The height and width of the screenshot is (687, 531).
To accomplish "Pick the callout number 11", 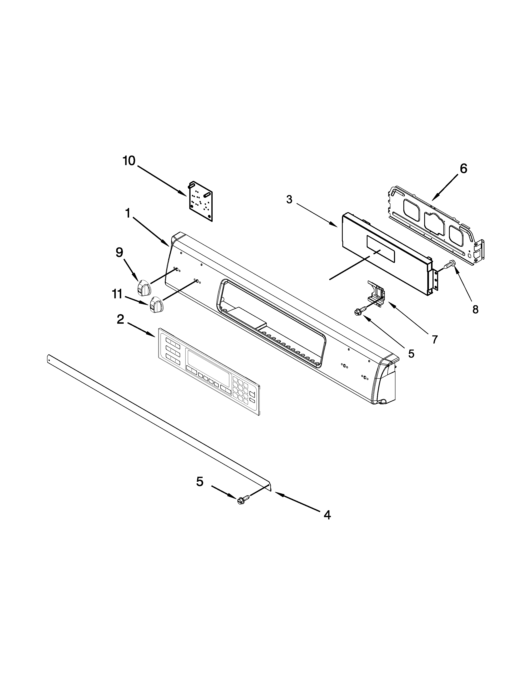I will [x=117, y=294].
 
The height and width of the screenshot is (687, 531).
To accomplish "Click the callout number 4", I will [x=327, y=515].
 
